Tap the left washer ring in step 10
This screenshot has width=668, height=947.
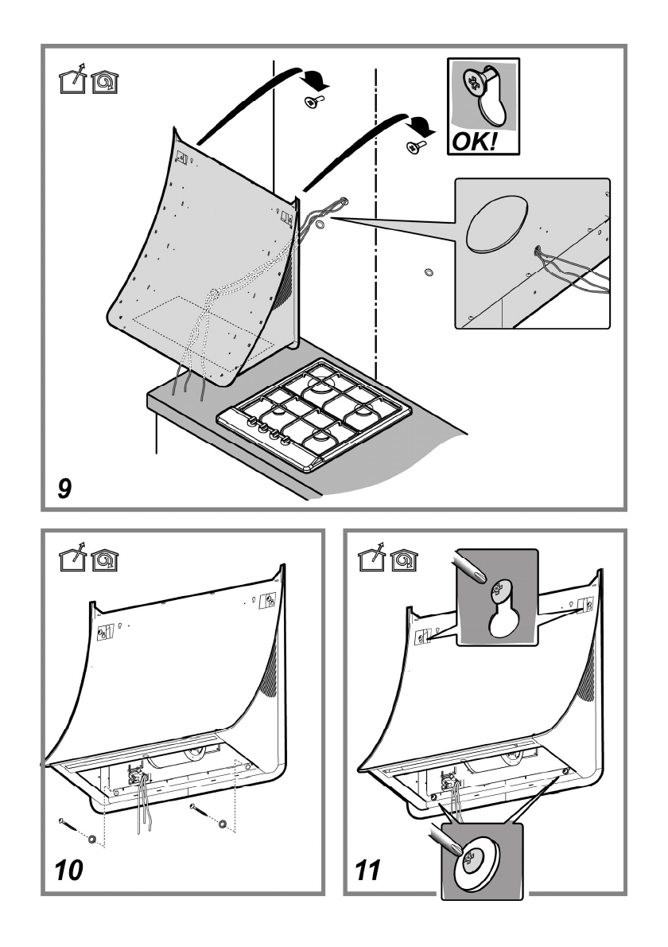(x=94, y=839)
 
